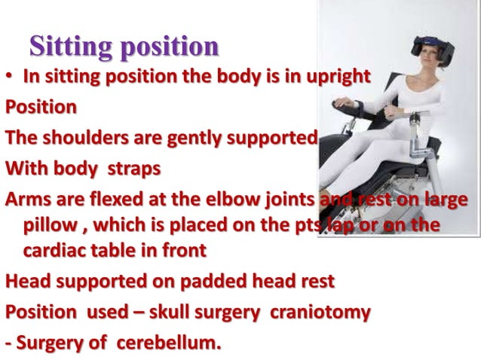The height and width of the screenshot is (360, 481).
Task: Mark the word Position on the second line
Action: click(x=41, y=108)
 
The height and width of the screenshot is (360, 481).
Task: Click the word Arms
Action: click(x=29, y=200)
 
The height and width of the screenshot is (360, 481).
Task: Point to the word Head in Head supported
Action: click(x=28, y=282)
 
